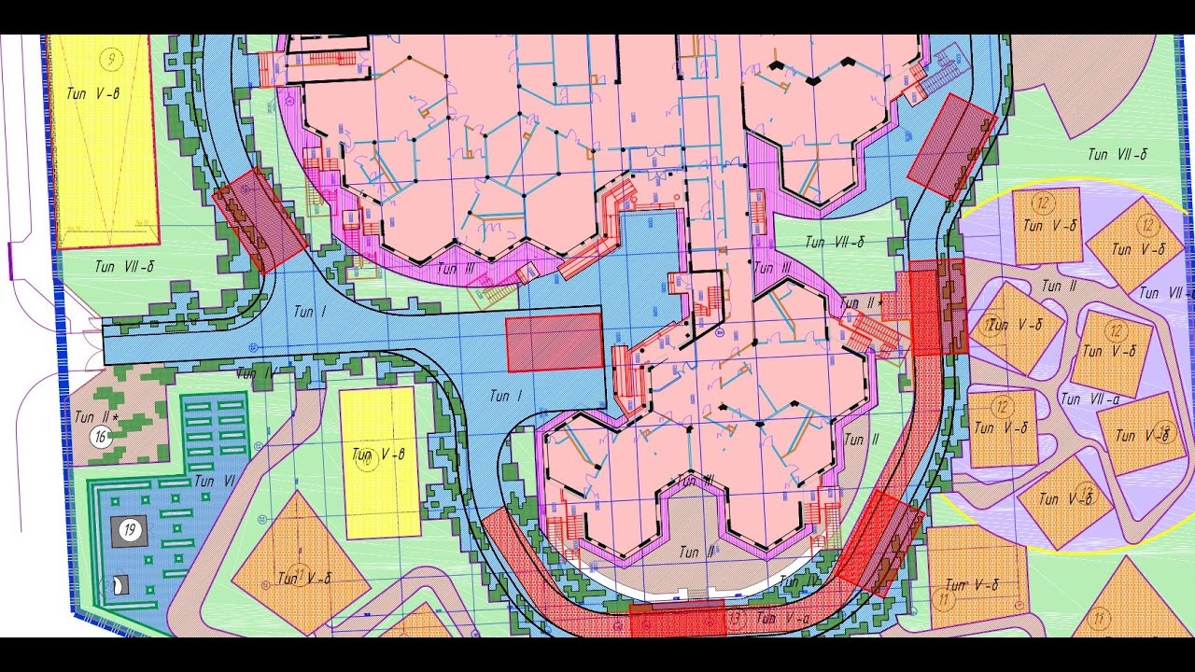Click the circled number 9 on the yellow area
pyautogui.click(x=112, y=60)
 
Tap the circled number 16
pyautogui.click(x=100, y=437)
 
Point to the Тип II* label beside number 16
pyautogui.click(x=97, y=417)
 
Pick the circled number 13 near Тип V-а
pyautogui.click(x=736, y=617)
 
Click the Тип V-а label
pyautogui.click(x=779, y=617)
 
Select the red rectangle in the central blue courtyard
pyautogui.click(x=555, y=343)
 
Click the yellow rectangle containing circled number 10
pyautogui.click(x=379, y=462)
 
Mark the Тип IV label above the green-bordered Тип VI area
pyautogui.click(x=255, y=373)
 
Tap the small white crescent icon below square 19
pyautogui.click(x=119, y=585)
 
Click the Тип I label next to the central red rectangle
pyautogui.click(x=506, y=397)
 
